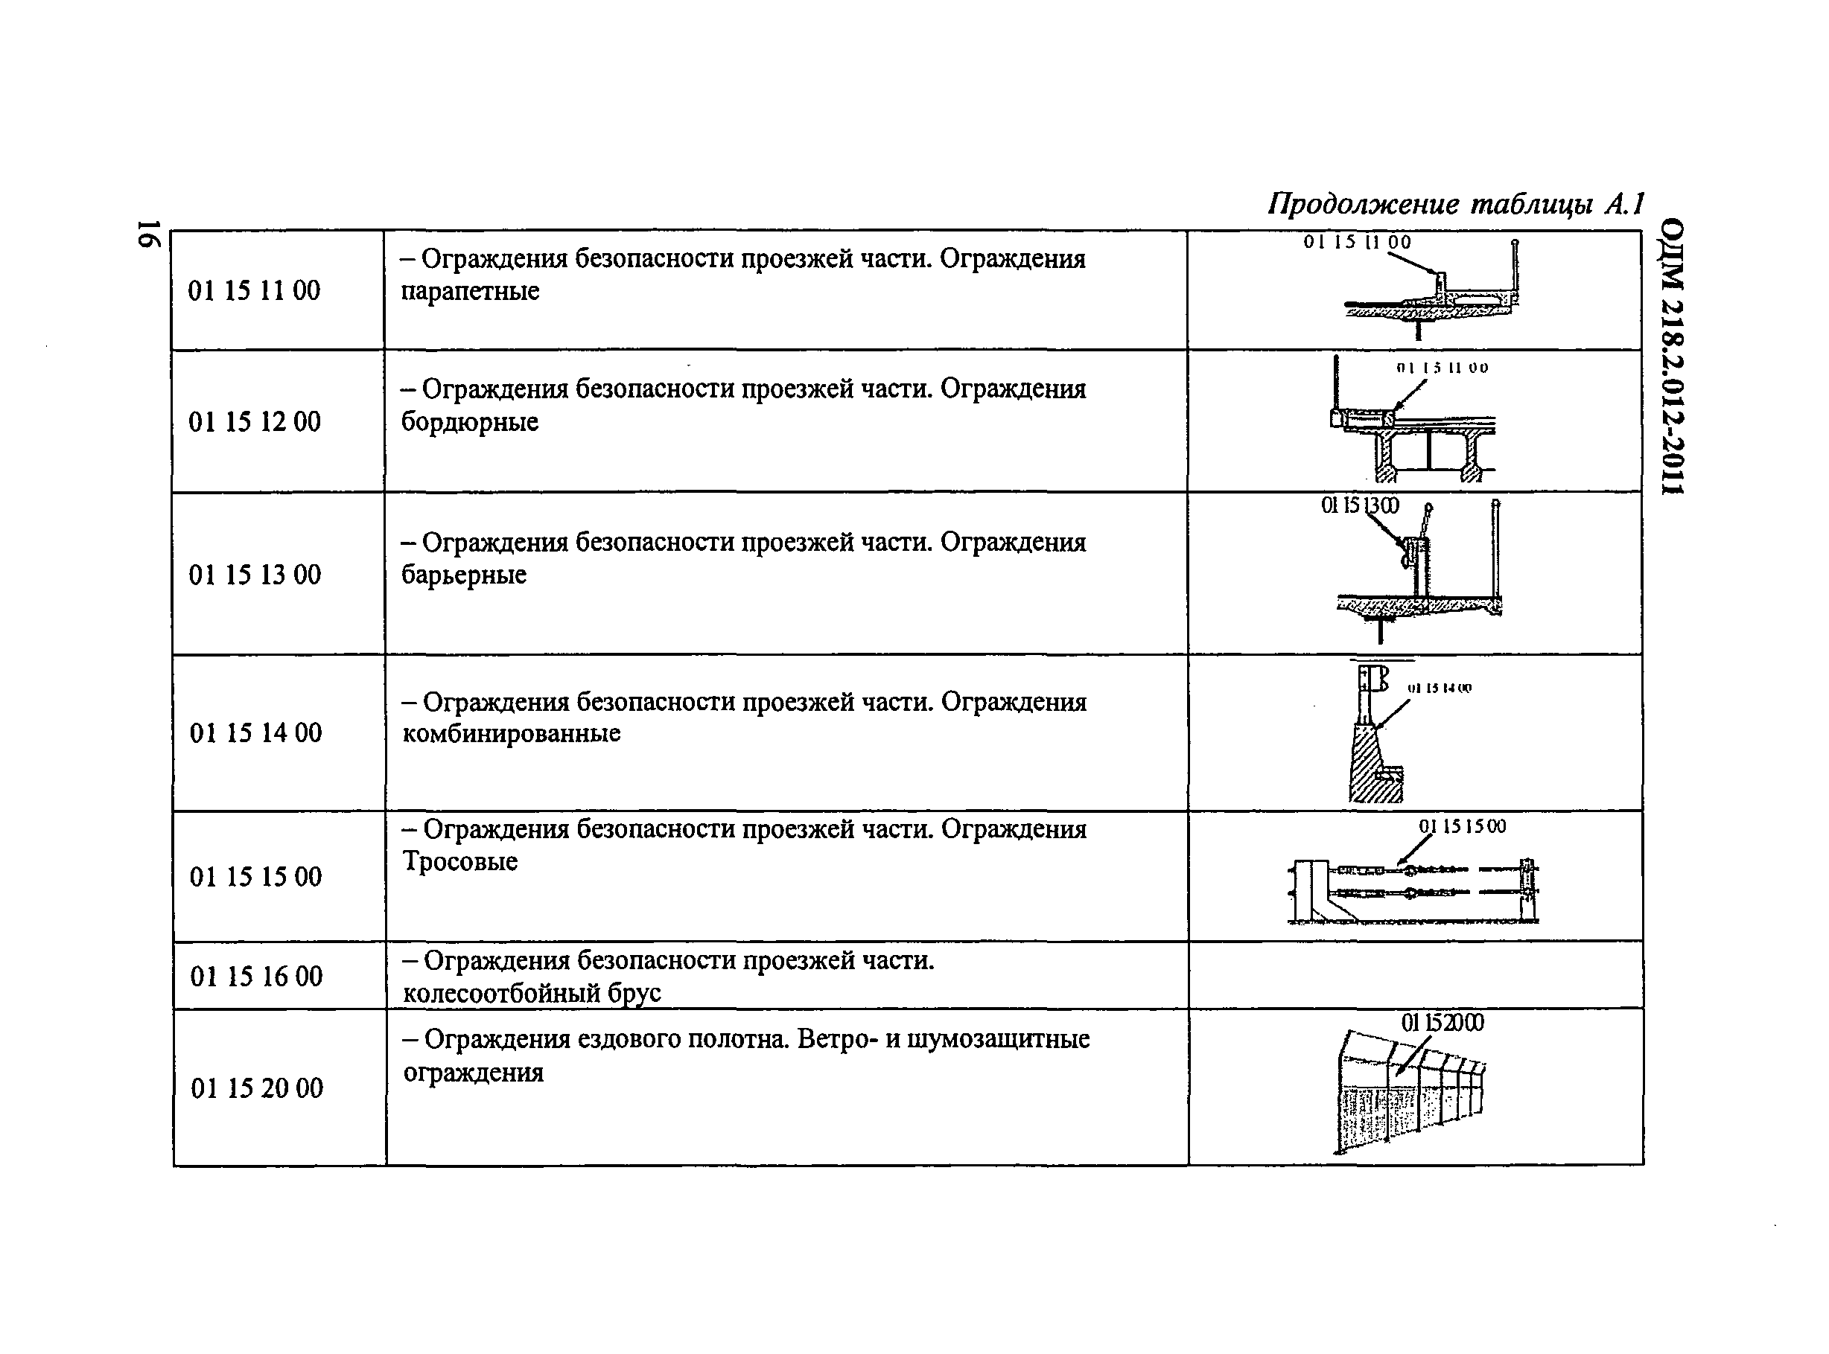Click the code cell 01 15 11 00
(x=254, y=290)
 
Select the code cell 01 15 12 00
(x=254, y=421)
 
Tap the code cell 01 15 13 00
(x=255, y=575)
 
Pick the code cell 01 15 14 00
(x=255, y=732)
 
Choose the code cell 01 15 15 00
(x=255, y=877)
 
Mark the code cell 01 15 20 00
(x=257, y=1088)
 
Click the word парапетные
(x=470, y=291)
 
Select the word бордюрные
(x=470, y=421)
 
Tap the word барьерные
(x=464, y=575)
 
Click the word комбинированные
(x=512, y=732)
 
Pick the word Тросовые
(x=460, y=861)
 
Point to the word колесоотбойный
(x=502, y=994)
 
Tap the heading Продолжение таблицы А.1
(x=1456, y=204)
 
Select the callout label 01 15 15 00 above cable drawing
(x=1463, y=826)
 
